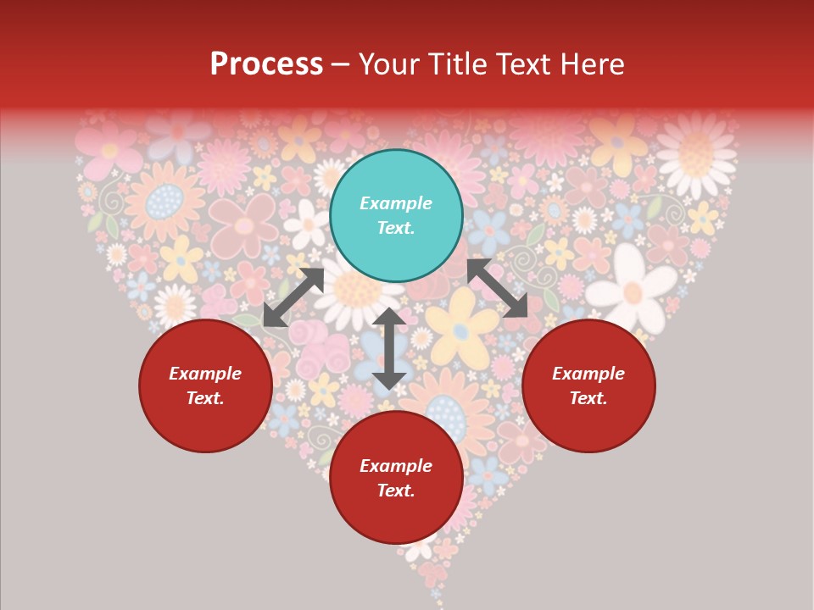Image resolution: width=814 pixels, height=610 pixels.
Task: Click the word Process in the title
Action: [266, 64]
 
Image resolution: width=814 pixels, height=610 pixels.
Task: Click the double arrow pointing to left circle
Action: [293, 297]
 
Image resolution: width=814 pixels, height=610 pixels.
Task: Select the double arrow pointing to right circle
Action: [498, 288]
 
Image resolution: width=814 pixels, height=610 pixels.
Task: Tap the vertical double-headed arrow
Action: [389, 348]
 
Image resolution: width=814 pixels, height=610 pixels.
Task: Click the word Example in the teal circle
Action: [396, 203]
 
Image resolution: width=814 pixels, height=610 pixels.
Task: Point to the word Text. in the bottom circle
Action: [396, 491]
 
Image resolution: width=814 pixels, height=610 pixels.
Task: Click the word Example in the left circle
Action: [205, 374]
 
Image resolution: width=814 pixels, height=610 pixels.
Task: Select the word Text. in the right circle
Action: [588, 398]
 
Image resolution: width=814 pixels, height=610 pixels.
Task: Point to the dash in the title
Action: [341, 64]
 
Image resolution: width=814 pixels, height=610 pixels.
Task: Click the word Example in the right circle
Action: [588, 374]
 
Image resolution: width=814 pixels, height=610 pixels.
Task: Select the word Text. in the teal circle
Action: [396, 228]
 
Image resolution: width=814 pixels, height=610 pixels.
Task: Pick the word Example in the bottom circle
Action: [396, 466]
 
